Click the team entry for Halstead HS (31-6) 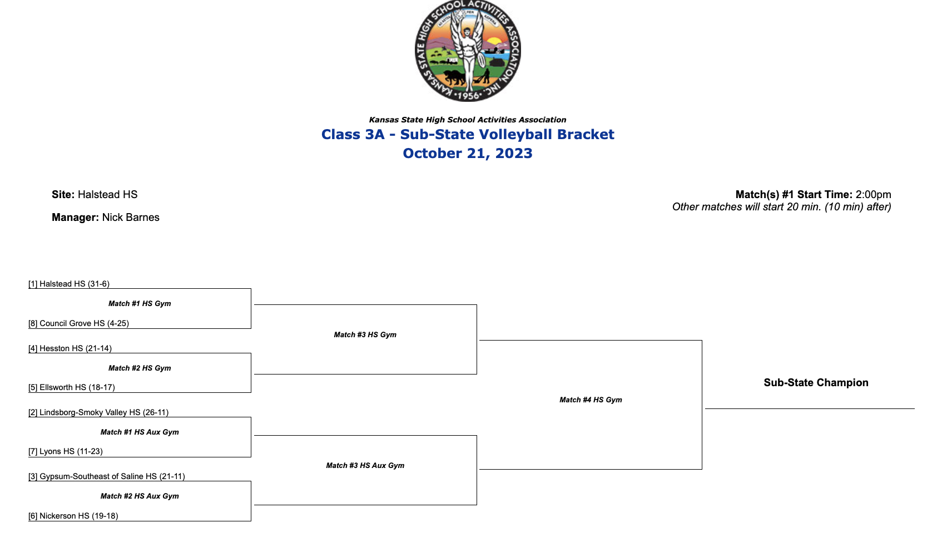pos(69,284)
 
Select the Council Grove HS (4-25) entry pos(78,323)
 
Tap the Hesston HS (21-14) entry pos(70,348)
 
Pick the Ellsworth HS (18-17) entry pos(72,387)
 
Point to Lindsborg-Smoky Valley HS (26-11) pos(98,412)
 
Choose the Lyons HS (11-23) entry pos(66,451)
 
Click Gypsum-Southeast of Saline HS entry pos(107,476)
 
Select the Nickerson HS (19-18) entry pos(73,516)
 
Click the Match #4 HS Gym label pos(591,400)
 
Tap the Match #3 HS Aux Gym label pos(365,465)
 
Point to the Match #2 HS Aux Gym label pos(140,496)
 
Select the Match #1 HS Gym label pos(140,303)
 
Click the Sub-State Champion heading pos(816,382)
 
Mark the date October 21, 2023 pos(468,153)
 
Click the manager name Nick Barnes pos(131,217)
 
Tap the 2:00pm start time pos(873,194)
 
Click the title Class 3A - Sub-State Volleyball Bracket pos(468,134)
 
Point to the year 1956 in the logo pos(468,95)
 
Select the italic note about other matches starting pos(781,207)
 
